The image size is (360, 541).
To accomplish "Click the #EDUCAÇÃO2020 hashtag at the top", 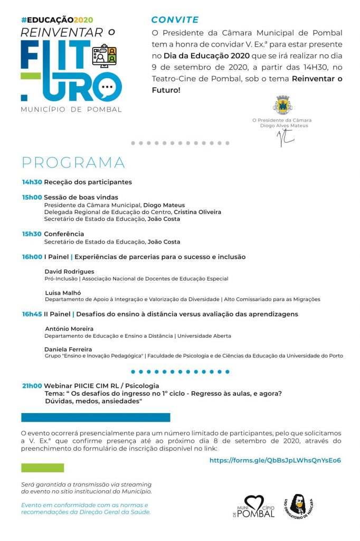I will [x=57, y=20].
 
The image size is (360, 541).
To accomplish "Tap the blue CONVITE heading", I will [x=175, y=20].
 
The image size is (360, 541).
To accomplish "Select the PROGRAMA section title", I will [x=73, y=162].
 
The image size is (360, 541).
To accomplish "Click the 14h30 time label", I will [x=32, y=182].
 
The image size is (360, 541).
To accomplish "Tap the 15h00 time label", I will [x=32, y=198].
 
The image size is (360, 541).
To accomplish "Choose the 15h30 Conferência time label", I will [x=32, y=234].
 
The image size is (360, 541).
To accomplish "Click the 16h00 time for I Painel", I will [x=32, y=257].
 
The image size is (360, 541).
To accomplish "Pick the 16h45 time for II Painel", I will [x=32, y=314].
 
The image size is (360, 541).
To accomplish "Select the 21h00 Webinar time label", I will [x=32, y=386].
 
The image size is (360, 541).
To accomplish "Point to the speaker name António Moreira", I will [x=69, y=329].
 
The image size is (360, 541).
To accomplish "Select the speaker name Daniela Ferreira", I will [x=68, y=349].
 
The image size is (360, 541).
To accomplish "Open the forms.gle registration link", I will [x=275, y=460].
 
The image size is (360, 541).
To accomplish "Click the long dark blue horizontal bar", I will [x=96, y=417].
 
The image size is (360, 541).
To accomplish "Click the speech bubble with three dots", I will [x=107, y=87].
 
